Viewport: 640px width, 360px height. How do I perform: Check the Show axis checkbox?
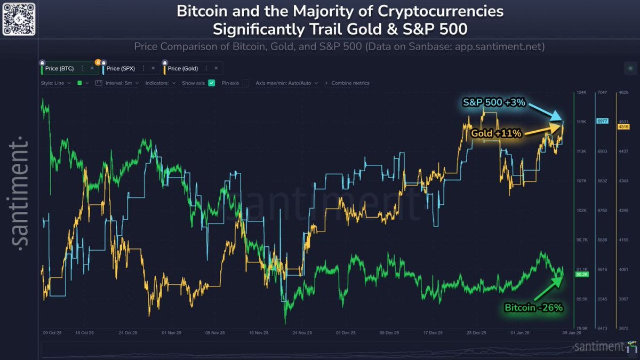211,83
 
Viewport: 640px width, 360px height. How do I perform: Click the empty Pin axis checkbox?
245,83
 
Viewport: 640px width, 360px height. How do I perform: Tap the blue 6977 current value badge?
603,122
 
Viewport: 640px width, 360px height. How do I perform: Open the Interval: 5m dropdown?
117,83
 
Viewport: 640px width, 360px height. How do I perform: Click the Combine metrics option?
350,83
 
